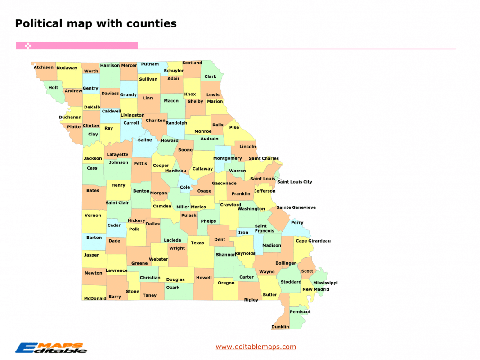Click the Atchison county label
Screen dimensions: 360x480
44,67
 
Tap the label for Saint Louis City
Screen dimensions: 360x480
294,182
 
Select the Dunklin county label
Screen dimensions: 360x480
280,327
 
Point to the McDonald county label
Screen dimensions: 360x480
95,298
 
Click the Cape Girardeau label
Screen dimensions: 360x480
313,241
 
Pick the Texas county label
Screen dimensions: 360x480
197,243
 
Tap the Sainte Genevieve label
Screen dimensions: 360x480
296,207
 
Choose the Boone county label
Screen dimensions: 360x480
185,150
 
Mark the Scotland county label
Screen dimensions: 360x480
192,63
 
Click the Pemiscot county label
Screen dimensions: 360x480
300,312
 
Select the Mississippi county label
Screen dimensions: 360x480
325,283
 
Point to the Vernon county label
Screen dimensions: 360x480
93,216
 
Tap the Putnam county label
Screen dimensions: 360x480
150,64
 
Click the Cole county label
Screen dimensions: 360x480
185,187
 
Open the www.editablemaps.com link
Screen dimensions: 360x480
256,346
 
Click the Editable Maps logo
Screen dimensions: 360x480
51,348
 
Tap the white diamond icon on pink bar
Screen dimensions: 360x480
27,45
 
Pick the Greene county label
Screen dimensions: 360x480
139,263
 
